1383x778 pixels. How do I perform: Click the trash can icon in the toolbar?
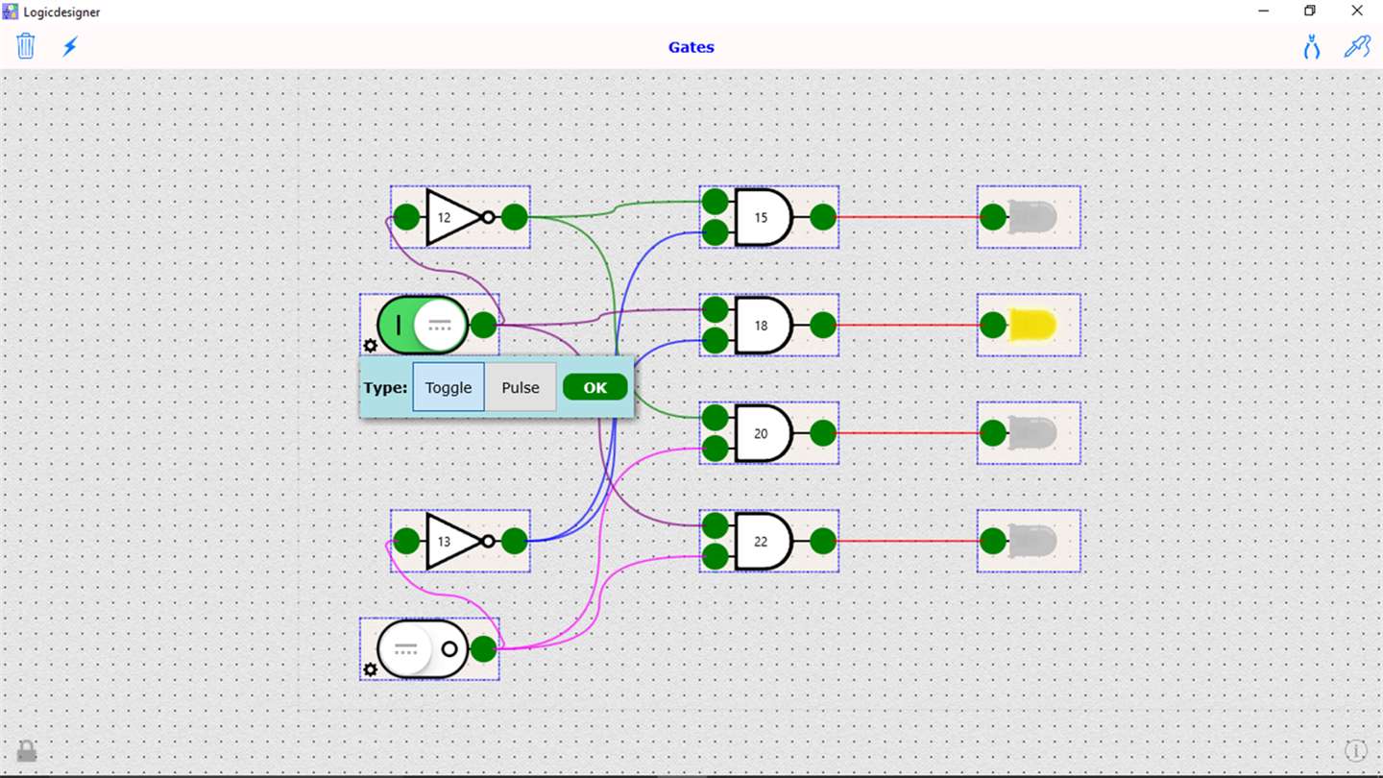[x=26, y=46]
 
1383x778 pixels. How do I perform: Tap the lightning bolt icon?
[x=70, y=46]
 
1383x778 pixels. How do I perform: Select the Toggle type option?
[x=449, y=387]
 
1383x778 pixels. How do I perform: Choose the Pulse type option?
[x=521, y=387]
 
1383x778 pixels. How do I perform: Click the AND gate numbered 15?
[x=763, y=217]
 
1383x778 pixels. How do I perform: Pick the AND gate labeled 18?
[x=763, y=325]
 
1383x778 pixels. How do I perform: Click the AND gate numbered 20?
[x=763, y=433]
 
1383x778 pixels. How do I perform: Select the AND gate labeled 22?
[x=763, y=541]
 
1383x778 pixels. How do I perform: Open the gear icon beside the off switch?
[x=370, y=669]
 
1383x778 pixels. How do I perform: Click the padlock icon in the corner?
[x=27, y=751]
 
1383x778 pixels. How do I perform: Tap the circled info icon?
[x=1355, y=751]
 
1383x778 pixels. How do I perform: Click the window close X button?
[x=1357, y=12]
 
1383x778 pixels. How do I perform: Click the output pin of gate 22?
[x=823, y=541]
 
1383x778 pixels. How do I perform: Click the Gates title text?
[x=691, y=47]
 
